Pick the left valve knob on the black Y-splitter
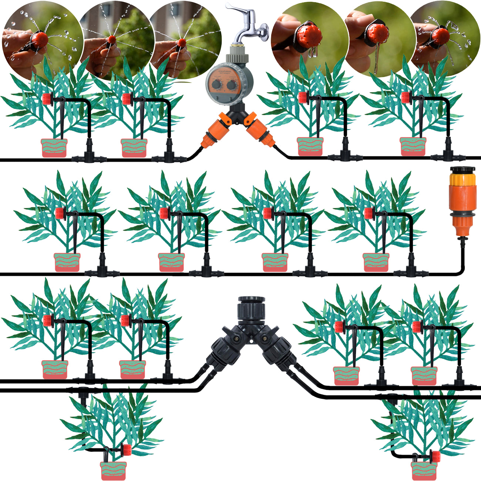coord(234,337)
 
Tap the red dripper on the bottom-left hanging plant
coord(127,450)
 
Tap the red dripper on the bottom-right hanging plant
coord(436,456)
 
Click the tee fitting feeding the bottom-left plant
coord(82,390)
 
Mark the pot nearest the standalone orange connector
coord(376,262)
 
